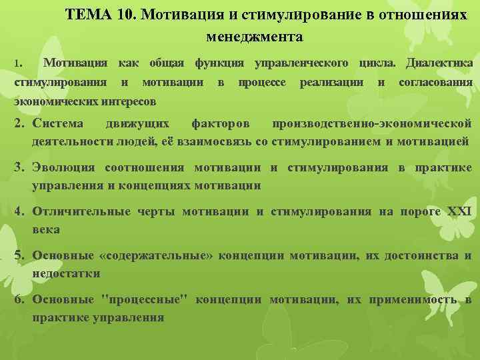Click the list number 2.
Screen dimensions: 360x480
pos(20,123)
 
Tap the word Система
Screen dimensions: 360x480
pos(58,123)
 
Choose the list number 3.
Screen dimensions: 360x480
pos(20,167)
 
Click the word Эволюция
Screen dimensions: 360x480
pos(63,167)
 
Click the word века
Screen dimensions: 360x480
pos(46,229)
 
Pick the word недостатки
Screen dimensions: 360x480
pos(66,273)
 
